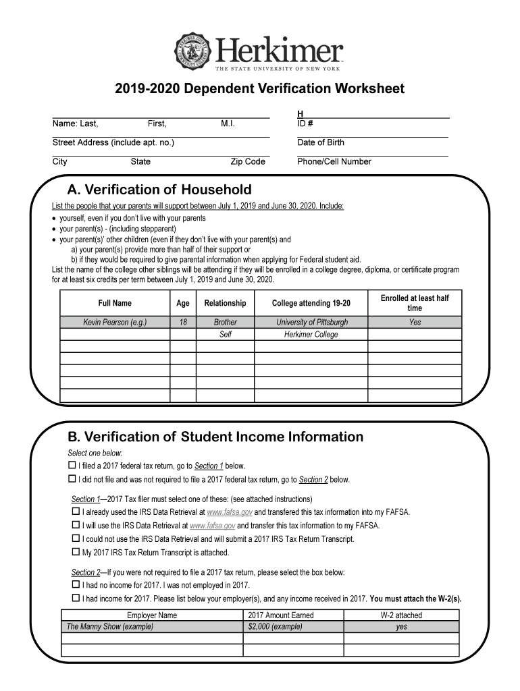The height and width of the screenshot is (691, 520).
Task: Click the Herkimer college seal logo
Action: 194,51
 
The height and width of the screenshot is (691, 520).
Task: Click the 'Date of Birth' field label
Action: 320,142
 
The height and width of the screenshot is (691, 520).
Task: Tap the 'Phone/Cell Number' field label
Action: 334,161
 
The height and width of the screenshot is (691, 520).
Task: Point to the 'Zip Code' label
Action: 247,161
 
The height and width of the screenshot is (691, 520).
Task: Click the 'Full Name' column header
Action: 115,304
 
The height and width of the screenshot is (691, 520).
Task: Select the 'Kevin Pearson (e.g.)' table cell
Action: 115,323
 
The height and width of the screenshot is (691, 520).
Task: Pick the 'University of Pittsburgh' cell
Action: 311,323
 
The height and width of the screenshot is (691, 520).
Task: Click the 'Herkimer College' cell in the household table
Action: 311,335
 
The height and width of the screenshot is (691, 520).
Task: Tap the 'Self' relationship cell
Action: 226,335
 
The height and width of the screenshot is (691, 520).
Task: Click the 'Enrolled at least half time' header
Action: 414,303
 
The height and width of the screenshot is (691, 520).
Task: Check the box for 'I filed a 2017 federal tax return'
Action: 72,466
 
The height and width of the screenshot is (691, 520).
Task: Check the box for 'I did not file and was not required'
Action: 72,479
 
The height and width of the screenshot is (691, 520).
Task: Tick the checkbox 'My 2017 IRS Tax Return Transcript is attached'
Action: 76,552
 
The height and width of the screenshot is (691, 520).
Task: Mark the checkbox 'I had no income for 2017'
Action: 76,585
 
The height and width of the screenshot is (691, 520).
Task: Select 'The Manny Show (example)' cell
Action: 109,626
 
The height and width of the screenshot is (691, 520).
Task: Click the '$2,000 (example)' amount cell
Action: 275,626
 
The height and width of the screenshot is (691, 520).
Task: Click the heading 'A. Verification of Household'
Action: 159,190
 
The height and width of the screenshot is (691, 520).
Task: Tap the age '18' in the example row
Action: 182,323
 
